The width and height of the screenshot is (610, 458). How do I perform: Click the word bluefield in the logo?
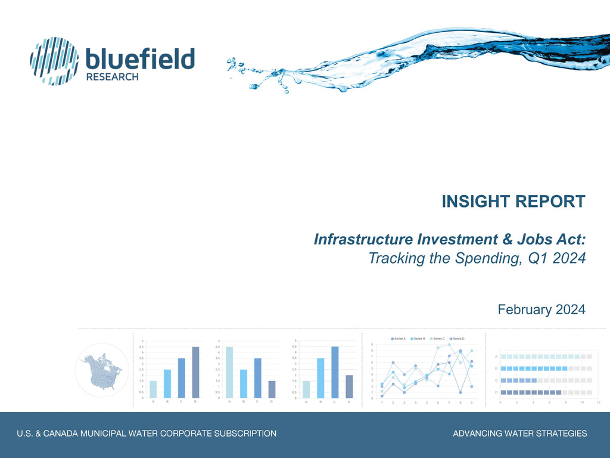pyautogui.click(x=141, y=59)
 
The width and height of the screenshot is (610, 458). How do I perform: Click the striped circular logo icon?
pyautogui.click(x=54, y=61)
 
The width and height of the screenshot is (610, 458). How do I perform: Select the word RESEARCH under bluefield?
pyautogui.click(x=113, y=77)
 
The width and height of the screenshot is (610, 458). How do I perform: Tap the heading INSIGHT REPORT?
pyautogui.click(x=513, y=202)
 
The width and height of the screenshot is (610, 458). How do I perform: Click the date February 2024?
pyautogui.click(x=541, y=310)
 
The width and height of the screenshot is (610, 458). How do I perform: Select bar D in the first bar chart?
pyautogui.click(x=195, y=372)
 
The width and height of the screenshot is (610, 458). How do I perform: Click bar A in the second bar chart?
pyautogui.click(x=229, y=372)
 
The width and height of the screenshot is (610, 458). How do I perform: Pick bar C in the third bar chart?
pyautogui.click(x=335, y=372)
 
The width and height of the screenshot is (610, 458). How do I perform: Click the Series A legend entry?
pyautogui.click(x=399, y=339)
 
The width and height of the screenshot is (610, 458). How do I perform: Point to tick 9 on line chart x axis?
pyautogui.click(x=471, y=403)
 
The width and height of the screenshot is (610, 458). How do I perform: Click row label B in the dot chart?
pyautogui.click(x=496, y=369)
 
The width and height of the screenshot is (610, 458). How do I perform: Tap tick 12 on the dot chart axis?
pyautogui.click(x=598, y=403)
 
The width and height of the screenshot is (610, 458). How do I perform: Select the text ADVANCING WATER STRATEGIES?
pyautogui.click(x=519, y=434)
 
